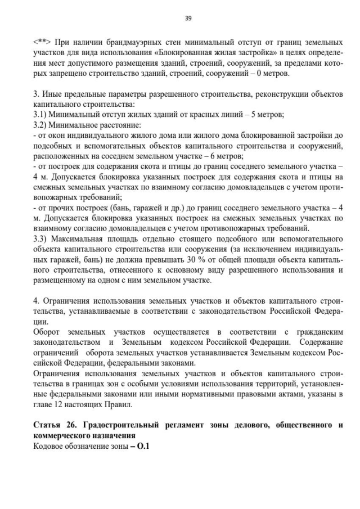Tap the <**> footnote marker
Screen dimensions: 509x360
42,42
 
